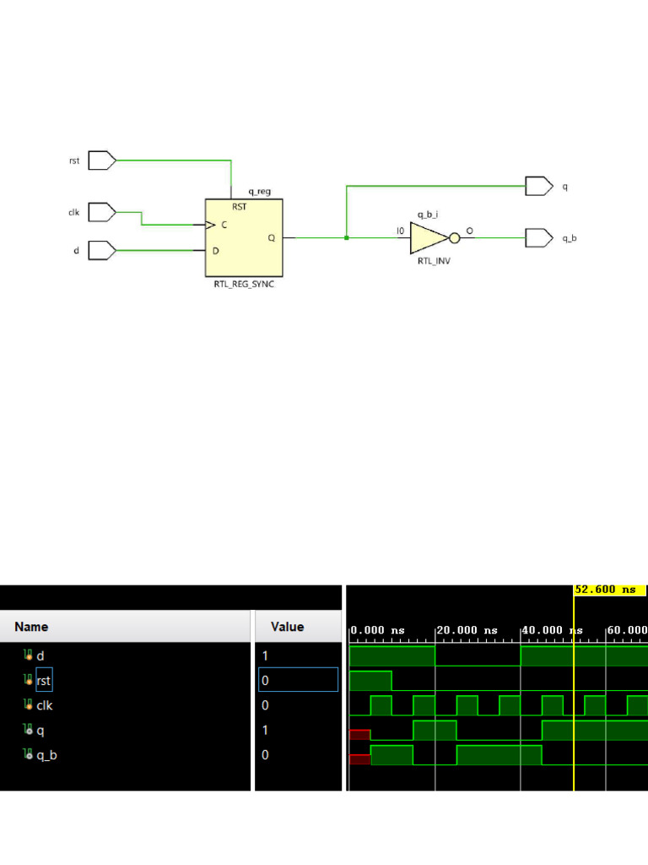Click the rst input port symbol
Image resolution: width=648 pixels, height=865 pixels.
pos(101,160)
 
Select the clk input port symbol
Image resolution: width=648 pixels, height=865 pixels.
pos(101,212)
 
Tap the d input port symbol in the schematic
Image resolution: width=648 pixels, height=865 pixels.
pos(101,250)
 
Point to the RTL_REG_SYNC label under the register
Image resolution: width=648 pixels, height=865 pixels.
pos(245,285)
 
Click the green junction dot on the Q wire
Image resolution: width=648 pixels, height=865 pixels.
pos(347,238)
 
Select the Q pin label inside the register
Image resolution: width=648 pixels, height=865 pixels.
pos(271,238)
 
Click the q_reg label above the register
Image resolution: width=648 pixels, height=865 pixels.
pos(259,192)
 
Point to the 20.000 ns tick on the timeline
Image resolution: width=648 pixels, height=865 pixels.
pos(467,631)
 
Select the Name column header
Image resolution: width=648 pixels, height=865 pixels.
pos(31,627)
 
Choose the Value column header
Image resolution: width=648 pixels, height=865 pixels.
pos(287,627)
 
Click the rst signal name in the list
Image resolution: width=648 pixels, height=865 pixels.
pos(44,680)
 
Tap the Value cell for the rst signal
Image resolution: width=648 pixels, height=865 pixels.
pos(298,680)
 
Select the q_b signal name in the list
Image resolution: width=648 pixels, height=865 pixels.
pos(46,755)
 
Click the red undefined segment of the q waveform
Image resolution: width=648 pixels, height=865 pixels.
pos(359,735)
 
